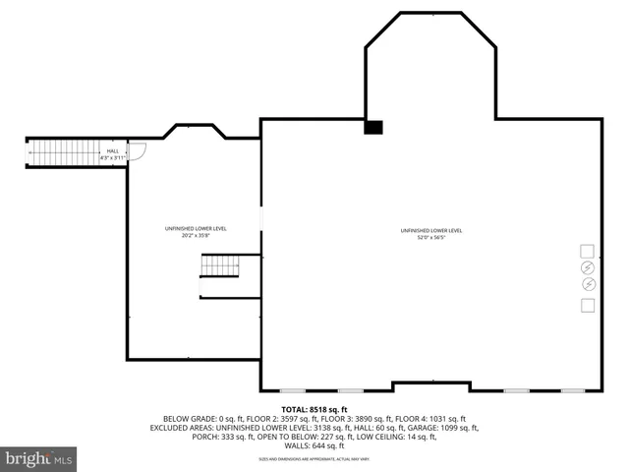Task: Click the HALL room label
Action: (113, 150)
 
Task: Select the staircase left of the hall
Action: (64, 152)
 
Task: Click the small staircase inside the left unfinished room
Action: (220, 265)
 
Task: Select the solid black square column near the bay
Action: (373, 127)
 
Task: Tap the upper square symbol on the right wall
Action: (588, 250)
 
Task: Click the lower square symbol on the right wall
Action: (588, 305)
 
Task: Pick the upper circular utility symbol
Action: (588, 267)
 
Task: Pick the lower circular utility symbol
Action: (588, 285)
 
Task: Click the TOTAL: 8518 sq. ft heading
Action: (314, 409)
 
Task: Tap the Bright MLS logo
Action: (39, 458)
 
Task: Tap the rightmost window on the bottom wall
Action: (573, 390)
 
